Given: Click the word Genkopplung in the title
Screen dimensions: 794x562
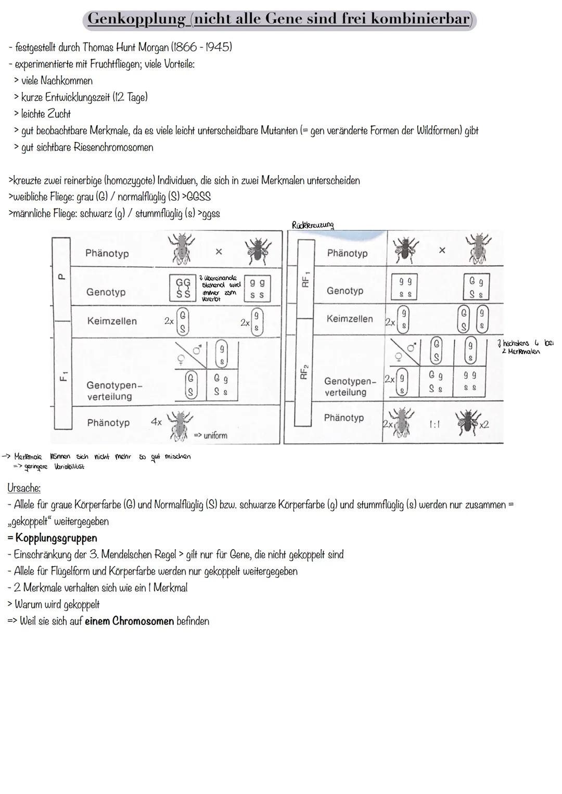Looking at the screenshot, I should pos(136,19).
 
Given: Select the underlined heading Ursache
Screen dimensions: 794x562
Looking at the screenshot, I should pos(24,488).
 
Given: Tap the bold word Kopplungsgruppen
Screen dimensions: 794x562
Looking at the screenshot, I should pos(56,538).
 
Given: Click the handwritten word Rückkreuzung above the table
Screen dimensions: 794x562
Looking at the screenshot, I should pos(313,225).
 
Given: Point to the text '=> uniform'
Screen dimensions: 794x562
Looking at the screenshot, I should pos(211,435).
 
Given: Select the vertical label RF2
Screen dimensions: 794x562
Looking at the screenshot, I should pos(305,372).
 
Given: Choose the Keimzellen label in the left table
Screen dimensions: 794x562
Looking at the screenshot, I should pos(112,321).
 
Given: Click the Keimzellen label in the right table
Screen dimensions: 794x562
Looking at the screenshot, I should pos(350,319).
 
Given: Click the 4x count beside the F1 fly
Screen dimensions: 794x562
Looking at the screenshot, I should pos(156,422).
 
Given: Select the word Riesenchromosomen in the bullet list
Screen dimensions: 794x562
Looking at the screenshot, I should pos(113,147).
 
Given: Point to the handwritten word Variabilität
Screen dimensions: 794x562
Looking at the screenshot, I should pos(69,466).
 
